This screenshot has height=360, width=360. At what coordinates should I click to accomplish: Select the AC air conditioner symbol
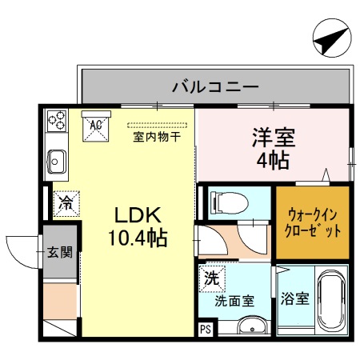point(95,125)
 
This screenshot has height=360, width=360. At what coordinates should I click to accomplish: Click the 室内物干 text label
point(156,137)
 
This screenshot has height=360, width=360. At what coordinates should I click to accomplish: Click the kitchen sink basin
point(56,160)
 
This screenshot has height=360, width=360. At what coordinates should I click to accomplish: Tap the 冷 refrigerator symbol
point(66,203)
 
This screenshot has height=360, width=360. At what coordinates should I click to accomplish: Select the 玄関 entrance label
point(59,254)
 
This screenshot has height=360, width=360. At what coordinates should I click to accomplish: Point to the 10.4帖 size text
point(137,238)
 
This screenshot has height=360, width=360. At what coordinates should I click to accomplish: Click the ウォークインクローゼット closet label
point(313,222)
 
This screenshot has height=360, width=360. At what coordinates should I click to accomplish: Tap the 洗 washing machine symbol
point(212,279)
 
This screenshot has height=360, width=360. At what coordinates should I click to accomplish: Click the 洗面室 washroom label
point(234,302)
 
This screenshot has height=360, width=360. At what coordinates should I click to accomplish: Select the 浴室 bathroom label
point(294,300)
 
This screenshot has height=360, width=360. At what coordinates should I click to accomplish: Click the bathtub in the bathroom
point(330,304)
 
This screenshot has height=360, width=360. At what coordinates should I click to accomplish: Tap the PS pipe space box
point(205,329)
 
